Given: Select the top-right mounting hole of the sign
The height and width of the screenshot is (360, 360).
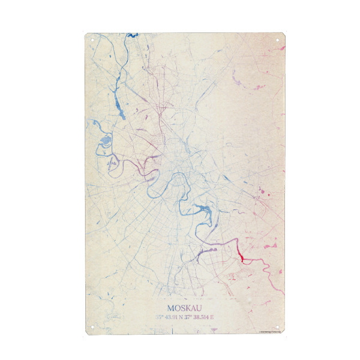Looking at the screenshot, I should (x=278, y=40).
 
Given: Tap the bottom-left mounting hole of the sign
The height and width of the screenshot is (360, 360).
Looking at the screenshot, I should (x=92, y=327).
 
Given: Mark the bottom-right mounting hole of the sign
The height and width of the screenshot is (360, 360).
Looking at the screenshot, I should (x=278, y=327).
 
